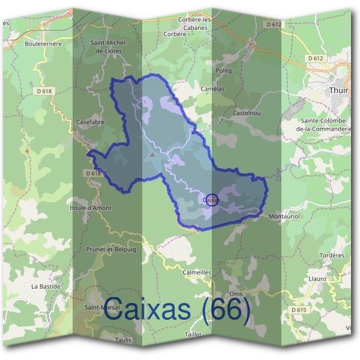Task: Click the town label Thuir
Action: pyautogui.click(x=339, y=90)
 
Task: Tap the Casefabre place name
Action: pyautogui.click(x=91, y=122)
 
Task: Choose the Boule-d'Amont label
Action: pyautogui.click(x=91, y=208)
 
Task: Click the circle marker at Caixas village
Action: pyautogui.click(x=211, y=199)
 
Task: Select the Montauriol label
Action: pyautogui.click(x=284, y=216)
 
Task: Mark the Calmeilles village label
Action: pyautogui.click(x=197, y=272)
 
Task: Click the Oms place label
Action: pyautogui.click(x=236, y=293)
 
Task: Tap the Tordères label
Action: pyautogui.click(x=332, y=254)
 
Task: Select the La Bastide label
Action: pyautogui.click(x=46, y=287)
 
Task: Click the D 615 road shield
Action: pyautogui.click(x=299, y=310)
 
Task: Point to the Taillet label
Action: pyautogui.click(x=193, y=334)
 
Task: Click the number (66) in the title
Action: pyautogui.click(x=226, y=311)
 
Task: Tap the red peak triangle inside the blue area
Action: pyautogui.click(x=153, y=154)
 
